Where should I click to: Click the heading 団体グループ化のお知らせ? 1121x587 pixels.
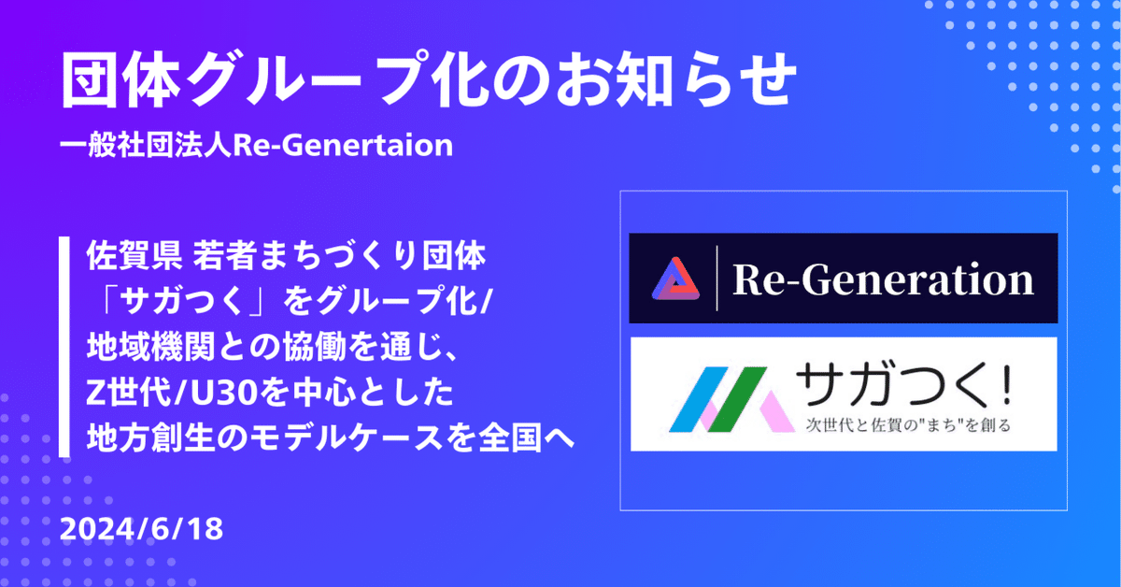coord(429,79)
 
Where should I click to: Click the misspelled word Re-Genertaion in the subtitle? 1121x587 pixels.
coord(344,145)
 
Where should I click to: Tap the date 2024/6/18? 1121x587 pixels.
coord(141,529)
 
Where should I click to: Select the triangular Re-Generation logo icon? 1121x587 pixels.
coord(675,279)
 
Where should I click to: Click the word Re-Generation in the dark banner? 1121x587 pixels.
coord(884,279)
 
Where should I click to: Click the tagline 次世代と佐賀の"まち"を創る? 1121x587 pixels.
coord(908,425)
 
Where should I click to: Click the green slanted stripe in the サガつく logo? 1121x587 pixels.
coord(738,399)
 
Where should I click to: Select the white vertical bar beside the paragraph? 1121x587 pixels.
coord(64,347)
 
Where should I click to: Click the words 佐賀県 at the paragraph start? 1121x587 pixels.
coord(134,255)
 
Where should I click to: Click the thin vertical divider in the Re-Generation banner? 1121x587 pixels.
coord(717,278)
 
